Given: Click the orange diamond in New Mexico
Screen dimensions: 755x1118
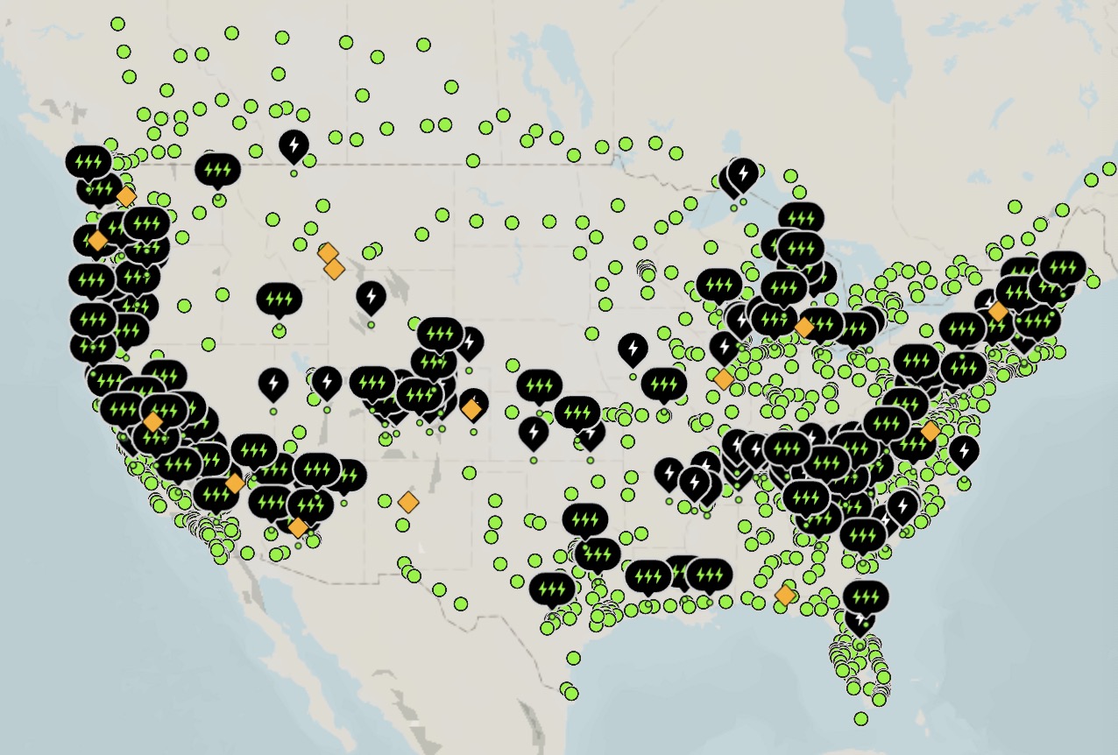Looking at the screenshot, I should (408, 502).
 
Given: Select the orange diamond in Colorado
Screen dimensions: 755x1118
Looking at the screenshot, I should (471, 409).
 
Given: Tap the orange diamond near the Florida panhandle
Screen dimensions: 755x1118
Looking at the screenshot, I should (785, 596).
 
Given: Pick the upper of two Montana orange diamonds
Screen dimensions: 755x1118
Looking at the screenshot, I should (328, 254).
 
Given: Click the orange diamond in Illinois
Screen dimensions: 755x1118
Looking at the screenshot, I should (723, 379).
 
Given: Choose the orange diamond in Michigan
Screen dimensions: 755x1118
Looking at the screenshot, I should (803, 327).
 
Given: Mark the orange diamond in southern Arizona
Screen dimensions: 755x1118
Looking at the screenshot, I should (298, 527).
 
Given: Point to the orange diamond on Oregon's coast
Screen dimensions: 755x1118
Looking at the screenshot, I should (98, 240).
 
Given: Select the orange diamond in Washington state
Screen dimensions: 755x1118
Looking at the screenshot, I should (126, 195).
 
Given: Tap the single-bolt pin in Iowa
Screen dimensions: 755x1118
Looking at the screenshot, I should (633, 349).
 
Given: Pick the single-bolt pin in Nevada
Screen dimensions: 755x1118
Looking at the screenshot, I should (273, 383).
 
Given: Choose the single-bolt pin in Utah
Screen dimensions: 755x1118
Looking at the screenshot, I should (327, 381).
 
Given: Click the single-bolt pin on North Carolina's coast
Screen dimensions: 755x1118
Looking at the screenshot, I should (964, 450).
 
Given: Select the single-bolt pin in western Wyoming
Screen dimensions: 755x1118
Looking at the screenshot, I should (371, 297).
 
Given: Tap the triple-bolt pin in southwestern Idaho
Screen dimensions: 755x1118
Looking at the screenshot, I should (279, 300).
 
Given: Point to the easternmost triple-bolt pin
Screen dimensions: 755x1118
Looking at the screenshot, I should (1062, 265).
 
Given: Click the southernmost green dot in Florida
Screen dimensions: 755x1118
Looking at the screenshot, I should (861, 718).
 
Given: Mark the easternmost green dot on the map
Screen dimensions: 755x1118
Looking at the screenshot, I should (1109, 168).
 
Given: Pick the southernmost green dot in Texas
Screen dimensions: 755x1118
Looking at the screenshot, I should (571, 694).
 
